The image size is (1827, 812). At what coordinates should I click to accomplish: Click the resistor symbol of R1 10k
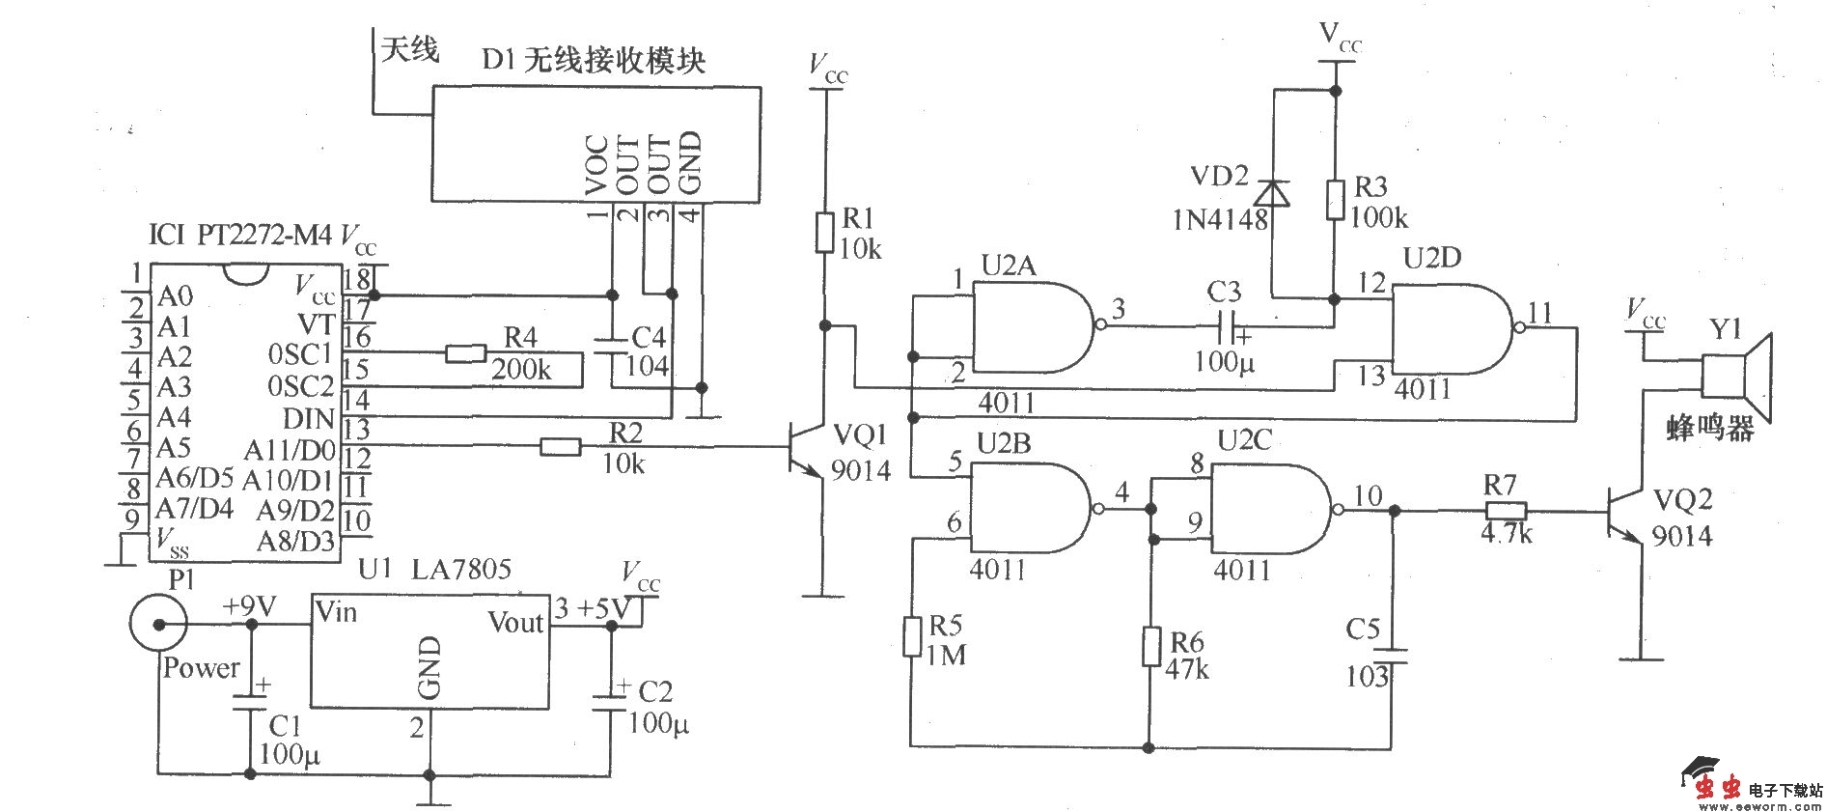tap(823, 232)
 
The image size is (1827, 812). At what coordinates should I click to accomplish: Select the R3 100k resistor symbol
tap(1335, 199)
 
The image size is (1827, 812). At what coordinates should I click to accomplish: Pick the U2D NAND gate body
tap(1448, 328)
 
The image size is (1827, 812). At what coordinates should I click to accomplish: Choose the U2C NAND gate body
tap(1269, 509)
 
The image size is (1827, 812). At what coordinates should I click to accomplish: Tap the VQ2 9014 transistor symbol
tap(1626, 512)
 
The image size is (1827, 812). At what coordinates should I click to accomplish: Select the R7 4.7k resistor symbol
tap(1506, 512)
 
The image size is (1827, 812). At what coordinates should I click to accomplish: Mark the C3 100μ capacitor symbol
tap(1224, 326)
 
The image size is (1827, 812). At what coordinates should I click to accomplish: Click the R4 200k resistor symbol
tap(466, 354)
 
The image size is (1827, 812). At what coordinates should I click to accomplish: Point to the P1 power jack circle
tap(157, 624)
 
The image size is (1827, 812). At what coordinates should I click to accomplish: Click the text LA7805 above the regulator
tap(460, 569)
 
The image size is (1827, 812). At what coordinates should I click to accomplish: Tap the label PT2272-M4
tap(263, 235)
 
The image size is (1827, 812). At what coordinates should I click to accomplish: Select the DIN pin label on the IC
tap(308, 419)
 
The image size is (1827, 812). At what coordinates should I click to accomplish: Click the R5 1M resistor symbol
tap(912, 637)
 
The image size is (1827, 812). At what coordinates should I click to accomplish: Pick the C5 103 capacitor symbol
tap(1391, 655)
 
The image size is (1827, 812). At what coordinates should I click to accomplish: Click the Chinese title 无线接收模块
tap(615, 61)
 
